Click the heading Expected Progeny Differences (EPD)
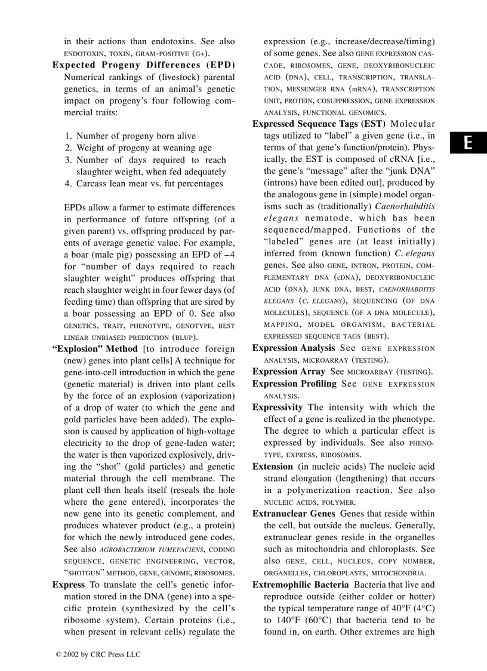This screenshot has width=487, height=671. [143, 65]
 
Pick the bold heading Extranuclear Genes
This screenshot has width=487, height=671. [292, 514]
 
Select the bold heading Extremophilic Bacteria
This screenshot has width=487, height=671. [301, 585]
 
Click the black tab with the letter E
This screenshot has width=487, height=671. [468, 143]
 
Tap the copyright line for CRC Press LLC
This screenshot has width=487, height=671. [98, 654]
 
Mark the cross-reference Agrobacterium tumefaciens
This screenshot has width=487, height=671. [153, 550]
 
